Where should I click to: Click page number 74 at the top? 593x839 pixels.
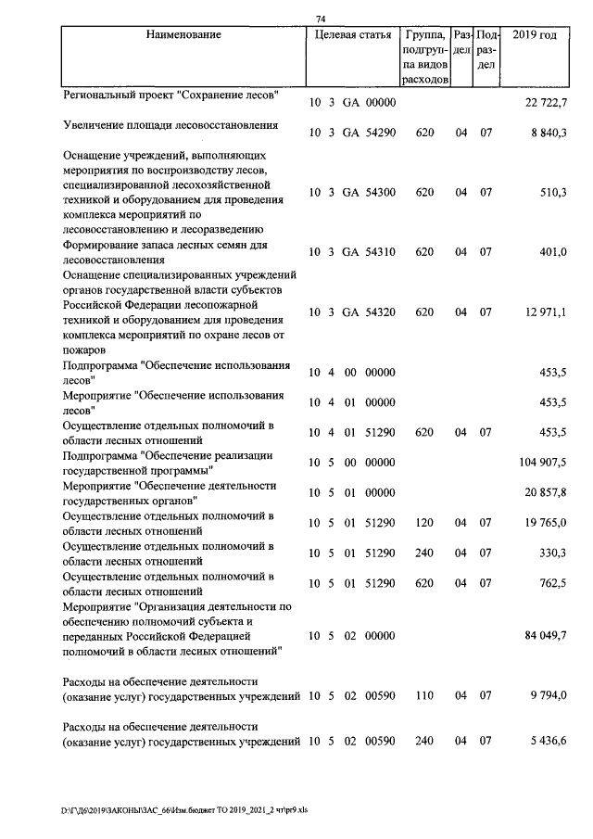(x=321, y=19)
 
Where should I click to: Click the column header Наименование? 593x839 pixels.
(x=183, y=35)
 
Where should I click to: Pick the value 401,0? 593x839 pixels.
(x=553, y=252)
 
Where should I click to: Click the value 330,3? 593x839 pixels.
(x=553, y=552)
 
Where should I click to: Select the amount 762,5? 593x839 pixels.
(x=553, y=582)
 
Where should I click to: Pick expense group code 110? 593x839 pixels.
(x=424, y=694)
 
